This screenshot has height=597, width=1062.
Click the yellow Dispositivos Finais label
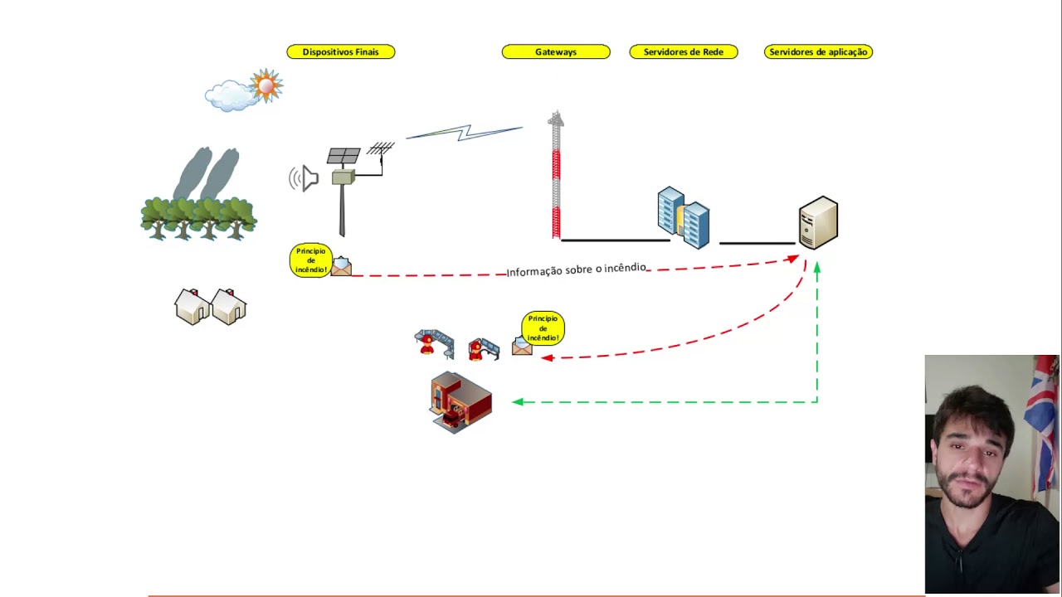[340, 52]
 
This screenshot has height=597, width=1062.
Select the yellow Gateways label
[555, 52]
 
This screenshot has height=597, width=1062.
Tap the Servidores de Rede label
[683, 52]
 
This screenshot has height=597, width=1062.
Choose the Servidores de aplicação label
[818, 52]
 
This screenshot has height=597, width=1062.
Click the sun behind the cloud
[266, 85]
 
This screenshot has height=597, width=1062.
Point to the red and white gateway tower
[556, 178]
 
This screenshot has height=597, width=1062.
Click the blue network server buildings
[683, 218]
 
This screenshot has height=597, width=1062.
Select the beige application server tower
[818, 222]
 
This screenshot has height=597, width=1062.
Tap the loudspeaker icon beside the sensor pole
[304, 178]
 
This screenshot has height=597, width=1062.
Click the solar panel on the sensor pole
[343, 156]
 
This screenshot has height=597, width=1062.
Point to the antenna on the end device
[380, 149]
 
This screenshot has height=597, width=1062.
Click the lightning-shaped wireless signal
[465, 133]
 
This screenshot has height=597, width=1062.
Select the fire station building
[460, 402]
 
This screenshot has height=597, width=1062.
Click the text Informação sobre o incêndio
[576, 269]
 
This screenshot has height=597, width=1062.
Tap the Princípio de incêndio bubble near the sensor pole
[310, 260]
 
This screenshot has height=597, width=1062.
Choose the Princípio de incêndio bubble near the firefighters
[543, 328]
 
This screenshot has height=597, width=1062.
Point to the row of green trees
[198, 218]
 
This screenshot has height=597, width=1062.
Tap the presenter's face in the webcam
[971, 448]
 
